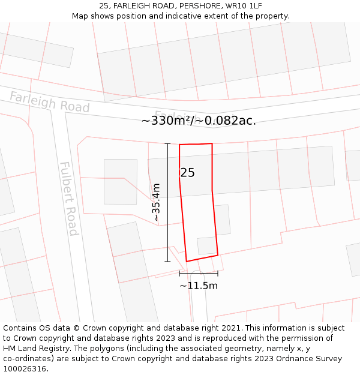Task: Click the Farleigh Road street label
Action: coord(49,102)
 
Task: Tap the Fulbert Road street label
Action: coord(68,199)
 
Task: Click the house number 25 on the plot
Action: coord(187,173)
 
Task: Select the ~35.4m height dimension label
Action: coord(156,203)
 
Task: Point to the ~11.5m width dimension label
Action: coord(199,286)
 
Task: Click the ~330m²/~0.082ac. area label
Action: coord(199,121)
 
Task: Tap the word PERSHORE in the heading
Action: coord(200,5)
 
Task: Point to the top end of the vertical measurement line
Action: coord(167,143)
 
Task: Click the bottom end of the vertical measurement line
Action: coord(167,262)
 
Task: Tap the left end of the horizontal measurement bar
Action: coord(179,274)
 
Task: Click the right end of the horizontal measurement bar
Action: coord(218,274)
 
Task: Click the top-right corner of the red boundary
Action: coord(212,143)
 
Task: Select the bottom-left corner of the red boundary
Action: coord(187,262)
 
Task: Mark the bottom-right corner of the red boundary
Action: coord(218,255)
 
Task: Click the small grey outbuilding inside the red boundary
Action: coord(206,245)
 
